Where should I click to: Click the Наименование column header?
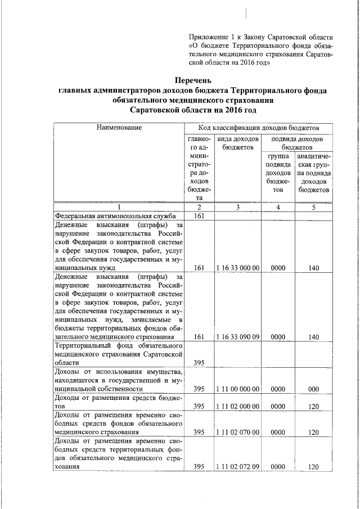coord(119,128)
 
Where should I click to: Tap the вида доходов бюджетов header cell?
coord(238,143)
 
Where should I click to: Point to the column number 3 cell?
coord(238,207)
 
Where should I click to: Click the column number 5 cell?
coord(314,207)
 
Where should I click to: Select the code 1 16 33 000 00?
coord(237,268)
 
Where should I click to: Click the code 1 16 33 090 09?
coord(237,336)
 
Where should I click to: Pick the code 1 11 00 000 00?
coord(237,389)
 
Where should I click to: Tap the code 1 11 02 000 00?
coord(237,406)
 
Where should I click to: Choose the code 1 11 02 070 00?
coord(237,432)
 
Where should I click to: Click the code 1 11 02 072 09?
coord(237,466)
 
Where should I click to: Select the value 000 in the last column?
coord(314,389)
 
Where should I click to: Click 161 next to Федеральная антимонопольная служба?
coord(199,215)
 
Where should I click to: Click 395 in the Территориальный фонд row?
coord(199,363)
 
